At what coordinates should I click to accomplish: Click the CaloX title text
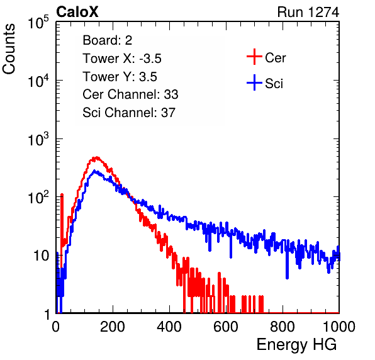click(x=77, y=12)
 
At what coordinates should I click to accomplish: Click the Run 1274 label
click(x=308, y=12)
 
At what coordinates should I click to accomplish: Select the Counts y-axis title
click(x=9, y=49)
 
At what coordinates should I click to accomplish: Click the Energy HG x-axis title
click(x=296, y=344)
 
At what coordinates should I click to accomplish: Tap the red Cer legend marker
click(x=254, y=57)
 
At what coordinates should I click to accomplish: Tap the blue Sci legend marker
click(x=254, y=82)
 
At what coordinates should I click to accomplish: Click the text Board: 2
click(x=108, y=40)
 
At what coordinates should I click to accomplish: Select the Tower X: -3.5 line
click(x=122, y=59)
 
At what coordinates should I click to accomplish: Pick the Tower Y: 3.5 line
click(x=120, y=77)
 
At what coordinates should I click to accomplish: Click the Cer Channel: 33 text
click(x=130, y=94)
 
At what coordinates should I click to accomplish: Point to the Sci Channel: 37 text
click(x=129, y=113)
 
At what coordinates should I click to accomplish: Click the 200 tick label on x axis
click(x=113, y=327)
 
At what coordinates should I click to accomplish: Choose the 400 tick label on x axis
click(x=169, y=327)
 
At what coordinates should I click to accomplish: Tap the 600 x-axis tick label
click(x=226, y=327)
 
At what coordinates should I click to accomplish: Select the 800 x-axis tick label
click(x=283, y=327)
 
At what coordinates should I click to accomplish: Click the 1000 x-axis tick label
click(x=339, y=327)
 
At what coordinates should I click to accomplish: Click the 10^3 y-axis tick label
click(x=38, y=138)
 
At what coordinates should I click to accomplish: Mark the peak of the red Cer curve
click(x=97, y=157)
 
